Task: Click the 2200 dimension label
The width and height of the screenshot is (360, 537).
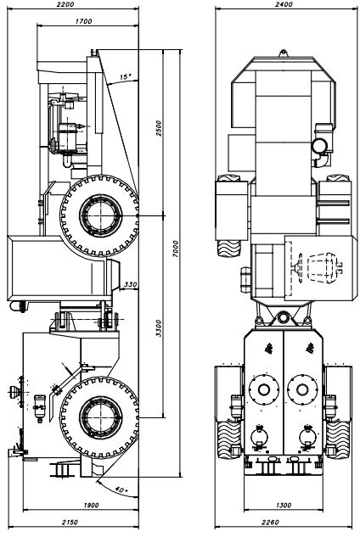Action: [65, 4]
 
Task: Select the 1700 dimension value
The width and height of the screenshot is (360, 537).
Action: [84, 21]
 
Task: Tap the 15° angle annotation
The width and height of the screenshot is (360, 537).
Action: [126, 76]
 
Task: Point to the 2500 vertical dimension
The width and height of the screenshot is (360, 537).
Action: [158, 128]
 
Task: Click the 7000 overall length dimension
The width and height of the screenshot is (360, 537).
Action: [176, 249]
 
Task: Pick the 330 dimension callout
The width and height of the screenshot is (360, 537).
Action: [130, 284]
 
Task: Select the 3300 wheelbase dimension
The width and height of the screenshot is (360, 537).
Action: [158, 328]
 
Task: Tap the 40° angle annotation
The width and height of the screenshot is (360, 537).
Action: [121, 490]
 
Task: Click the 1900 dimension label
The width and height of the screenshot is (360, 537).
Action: [91, 505]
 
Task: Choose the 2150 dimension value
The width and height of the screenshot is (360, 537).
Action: [70, 523]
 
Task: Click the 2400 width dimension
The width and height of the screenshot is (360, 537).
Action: [284, 4]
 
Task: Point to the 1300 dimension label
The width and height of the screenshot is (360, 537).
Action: [284, 505]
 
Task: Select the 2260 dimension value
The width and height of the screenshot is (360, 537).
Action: [270, 523]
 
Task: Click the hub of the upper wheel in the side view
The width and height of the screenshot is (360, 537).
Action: [100, 215]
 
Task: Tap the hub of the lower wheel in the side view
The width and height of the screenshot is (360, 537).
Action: [100, 417]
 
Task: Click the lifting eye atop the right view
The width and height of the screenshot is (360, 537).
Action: [284, 53]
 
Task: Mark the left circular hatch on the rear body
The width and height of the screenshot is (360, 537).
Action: [264, 389]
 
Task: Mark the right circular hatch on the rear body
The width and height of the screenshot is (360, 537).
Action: [302, 389]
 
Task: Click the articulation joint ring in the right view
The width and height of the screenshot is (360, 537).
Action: [284, 316]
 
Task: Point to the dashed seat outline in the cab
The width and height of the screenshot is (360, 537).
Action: [322, 268]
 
